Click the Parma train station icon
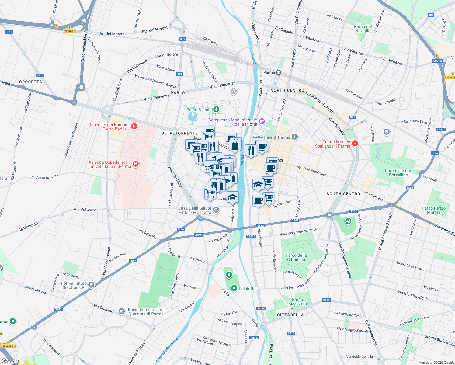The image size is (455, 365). coord(278,72)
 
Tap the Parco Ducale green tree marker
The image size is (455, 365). coord(216,109)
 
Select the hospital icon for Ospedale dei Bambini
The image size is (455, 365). coord(134,126)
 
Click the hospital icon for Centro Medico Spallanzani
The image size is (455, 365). coord(355,143)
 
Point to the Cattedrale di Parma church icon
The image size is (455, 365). coord(294,137)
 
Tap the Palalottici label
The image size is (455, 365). coord(248,289)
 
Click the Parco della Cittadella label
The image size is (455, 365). coord(296,257)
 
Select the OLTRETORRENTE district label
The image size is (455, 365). coord(179,133)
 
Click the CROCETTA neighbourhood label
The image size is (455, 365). coord(31,82)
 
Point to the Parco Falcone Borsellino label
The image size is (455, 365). coord(398,173)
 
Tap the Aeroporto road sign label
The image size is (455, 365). coord(70,31)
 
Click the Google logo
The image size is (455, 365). coord(10,361)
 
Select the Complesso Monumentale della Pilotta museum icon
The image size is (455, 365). coord(262,122)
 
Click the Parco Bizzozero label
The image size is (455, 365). coord(297,301)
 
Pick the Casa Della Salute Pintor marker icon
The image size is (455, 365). coord(216,210)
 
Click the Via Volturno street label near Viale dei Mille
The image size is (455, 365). coord(85,210)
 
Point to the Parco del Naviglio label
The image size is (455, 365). coord(363,29)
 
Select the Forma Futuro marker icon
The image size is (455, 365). coord(91,285)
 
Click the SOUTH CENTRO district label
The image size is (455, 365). coord(343,194)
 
